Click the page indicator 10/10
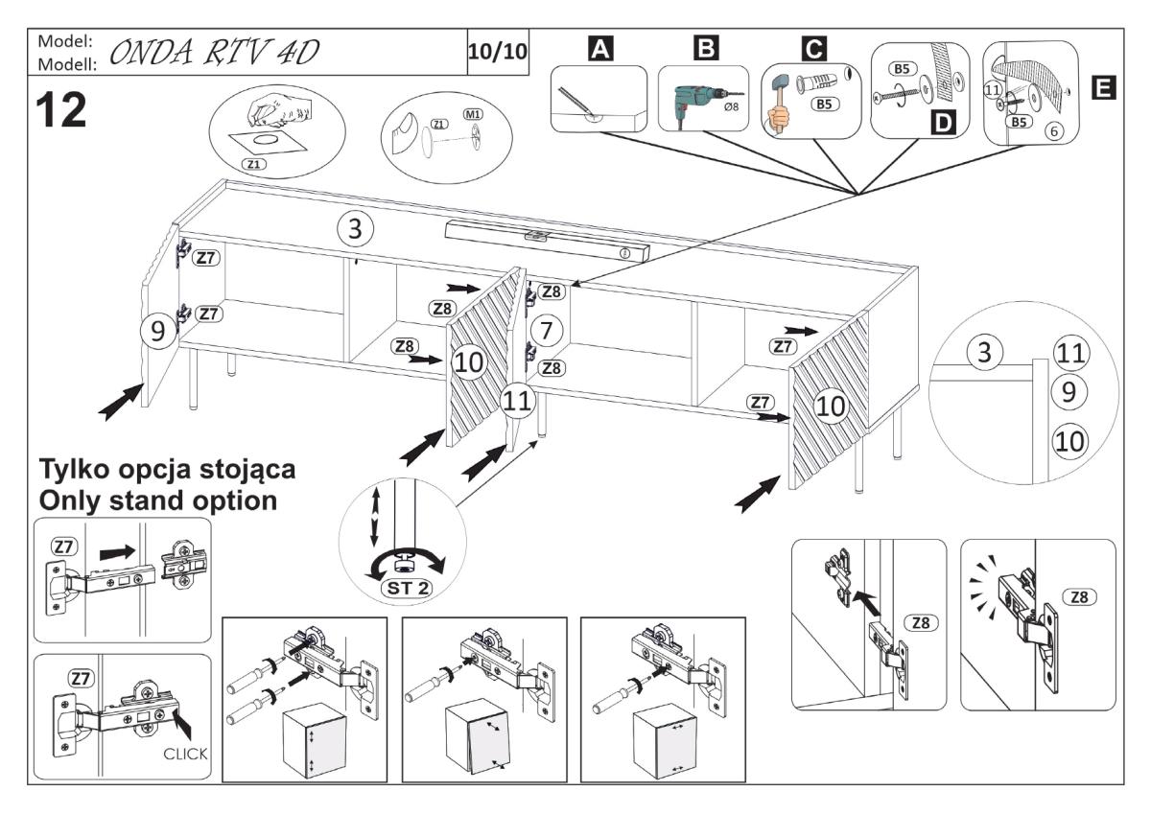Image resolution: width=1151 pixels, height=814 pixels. point(497,50)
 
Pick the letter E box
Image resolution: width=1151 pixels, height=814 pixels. point(1103,88)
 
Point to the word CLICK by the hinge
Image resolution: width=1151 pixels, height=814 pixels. point(184,753)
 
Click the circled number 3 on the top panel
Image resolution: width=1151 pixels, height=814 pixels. point(356,228)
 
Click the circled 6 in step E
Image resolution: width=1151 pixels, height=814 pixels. point(1053,131)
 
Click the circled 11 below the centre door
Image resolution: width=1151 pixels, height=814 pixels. point(518,402)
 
